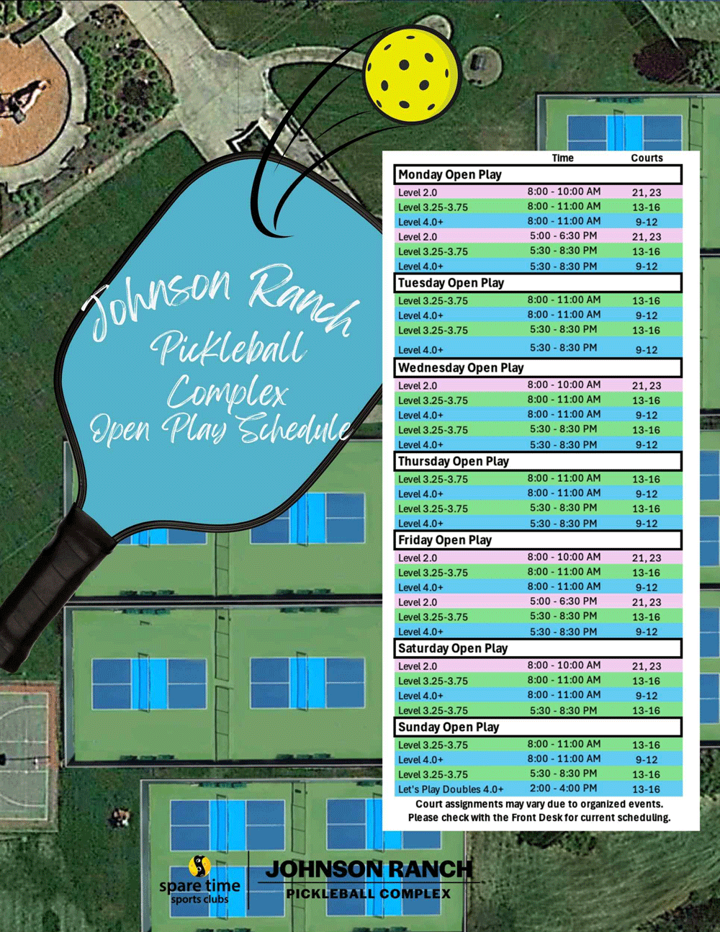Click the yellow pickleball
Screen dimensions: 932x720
tap(411, 74)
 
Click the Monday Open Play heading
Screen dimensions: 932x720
tap(450, 174)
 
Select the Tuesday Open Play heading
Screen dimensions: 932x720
tap(451, 282)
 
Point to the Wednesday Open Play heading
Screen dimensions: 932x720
tap(461, 367)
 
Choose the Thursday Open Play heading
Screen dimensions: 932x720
tap(454, 461)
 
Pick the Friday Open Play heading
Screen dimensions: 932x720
tap(445, 539)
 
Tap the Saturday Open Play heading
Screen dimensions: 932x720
tap(453, 648)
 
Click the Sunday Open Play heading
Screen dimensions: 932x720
tap(449, 727)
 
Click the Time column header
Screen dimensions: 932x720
tap(562, 158)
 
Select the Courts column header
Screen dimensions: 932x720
tap(647, 158)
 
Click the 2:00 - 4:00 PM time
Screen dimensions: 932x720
tap(563, 789)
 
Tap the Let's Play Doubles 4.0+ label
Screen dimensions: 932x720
tap(451, 789)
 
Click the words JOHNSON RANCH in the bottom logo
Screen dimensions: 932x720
tap(369, 869)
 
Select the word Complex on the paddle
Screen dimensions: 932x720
tap(228, 393)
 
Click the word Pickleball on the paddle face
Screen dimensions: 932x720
tap(229, 347)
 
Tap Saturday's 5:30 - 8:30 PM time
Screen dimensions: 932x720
tap(563, 709)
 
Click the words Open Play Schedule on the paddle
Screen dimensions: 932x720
tap(220, 430)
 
